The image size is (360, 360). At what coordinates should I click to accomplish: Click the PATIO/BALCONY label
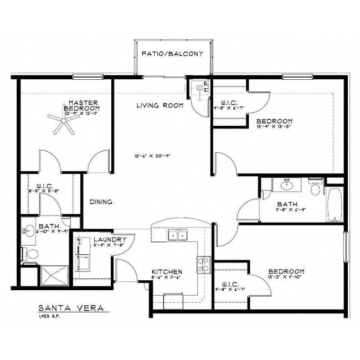point(172,54)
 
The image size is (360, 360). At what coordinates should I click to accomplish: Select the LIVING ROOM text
point(160,105)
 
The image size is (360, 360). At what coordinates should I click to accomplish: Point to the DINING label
point(101,202)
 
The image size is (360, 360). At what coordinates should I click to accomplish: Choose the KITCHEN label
point(167,271)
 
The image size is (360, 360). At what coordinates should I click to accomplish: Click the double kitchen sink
point(178,236)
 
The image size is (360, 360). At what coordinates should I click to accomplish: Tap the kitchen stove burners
point(203,265)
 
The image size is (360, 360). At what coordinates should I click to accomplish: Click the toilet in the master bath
point(32,254)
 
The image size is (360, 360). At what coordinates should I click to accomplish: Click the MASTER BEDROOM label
point(83,105)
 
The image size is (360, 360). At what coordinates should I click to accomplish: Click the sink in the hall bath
point(286,184)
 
